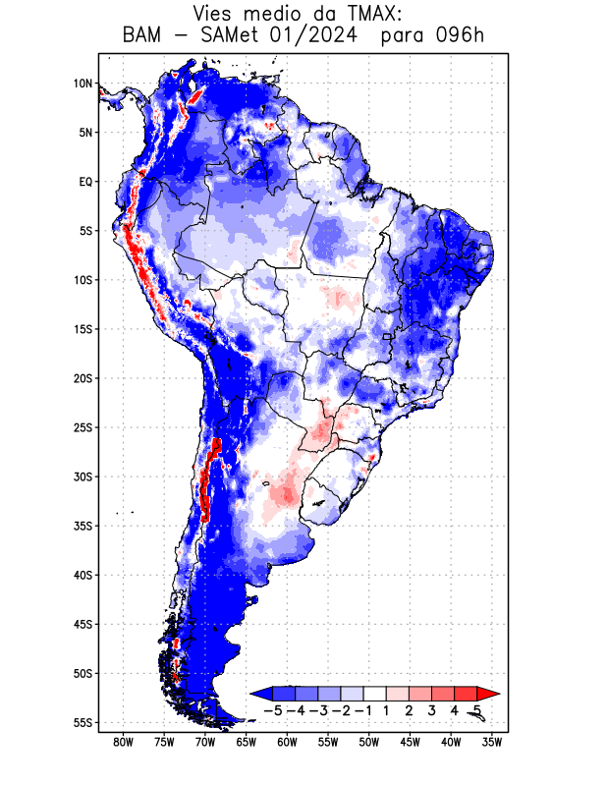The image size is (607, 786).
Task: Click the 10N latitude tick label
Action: pos(83,84)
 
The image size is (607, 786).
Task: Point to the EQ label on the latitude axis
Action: pos(85,182)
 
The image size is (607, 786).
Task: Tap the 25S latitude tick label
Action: pos(83,427)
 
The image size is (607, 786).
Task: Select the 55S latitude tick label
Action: pos(83,722)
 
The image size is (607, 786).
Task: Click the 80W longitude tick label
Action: pos(123,743)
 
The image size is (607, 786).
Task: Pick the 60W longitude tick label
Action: pos(287,743)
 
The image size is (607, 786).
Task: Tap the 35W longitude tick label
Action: pos(492,743)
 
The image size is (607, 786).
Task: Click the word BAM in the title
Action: pos(143,36)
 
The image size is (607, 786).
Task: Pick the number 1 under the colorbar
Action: pos(386,709)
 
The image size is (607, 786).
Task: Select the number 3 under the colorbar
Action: pos(431,709)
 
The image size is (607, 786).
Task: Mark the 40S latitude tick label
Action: pos(83,575)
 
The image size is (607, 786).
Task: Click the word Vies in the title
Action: pos(215,14)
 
